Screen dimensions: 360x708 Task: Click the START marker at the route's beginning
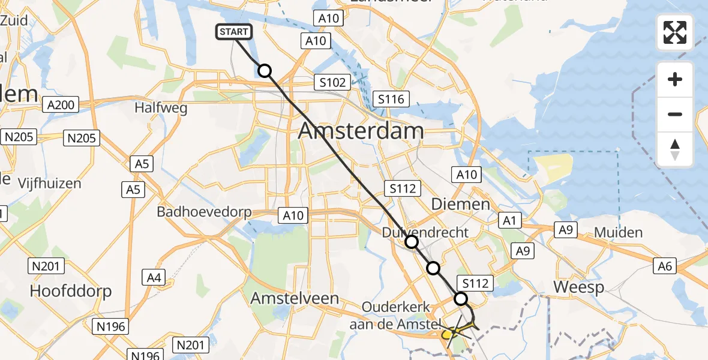pos(231,32)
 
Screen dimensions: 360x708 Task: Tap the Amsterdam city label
pos(361,130)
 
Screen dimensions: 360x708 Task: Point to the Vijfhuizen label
pos(49,183)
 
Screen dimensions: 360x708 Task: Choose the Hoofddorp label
pos(71,292)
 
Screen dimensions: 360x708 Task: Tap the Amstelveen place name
pos(295,298)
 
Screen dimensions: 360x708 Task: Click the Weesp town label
pos(578,287)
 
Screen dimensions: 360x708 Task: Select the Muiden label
pos(618,233)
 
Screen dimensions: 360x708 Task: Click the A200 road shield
pos(61,106)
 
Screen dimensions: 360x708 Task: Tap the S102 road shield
pos(332,82)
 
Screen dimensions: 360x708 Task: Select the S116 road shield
pos(391,99)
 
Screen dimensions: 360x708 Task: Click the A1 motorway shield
pos(509,221)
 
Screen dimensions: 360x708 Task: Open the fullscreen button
pos(675,32)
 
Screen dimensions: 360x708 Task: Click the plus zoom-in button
pos(675,79)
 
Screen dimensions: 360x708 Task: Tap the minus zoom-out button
pos(675,114)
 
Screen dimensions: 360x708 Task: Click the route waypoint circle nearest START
pos(265,71)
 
